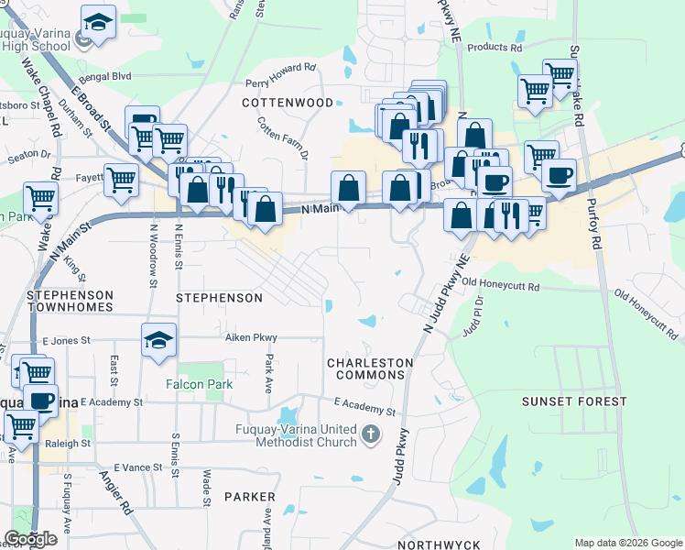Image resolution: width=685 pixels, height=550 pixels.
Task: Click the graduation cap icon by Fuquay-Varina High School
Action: pos(97,22)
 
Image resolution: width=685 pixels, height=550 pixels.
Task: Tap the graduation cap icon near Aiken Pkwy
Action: pos(158,341)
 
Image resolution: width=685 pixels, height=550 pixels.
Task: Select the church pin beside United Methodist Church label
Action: pos(370,434)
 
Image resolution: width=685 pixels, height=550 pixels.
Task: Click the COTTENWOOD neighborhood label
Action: pos(288,103)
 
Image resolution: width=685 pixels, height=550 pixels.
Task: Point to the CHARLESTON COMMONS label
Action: pos(371,368)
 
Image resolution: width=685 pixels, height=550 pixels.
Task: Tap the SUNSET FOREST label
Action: pos(574,401)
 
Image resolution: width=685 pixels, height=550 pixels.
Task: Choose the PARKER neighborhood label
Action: pos(250,497)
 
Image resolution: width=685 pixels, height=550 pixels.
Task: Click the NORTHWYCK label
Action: pos(439,544)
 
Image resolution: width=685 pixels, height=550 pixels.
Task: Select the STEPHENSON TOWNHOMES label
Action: pos(70,302)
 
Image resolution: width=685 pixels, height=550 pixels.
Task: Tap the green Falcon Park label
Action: pos(199,385)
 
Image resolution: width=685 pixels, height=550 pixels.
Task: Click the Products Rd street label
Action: pos(494,47)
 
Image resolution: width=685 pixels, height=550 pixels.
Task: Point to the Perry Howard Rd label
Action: pos(280,74)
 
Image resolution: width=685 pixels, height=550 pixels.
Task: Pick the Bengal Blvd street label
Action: pos(105,76)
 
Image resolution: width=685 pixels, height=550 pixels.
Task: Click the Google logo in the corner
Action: pos(30,538)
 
